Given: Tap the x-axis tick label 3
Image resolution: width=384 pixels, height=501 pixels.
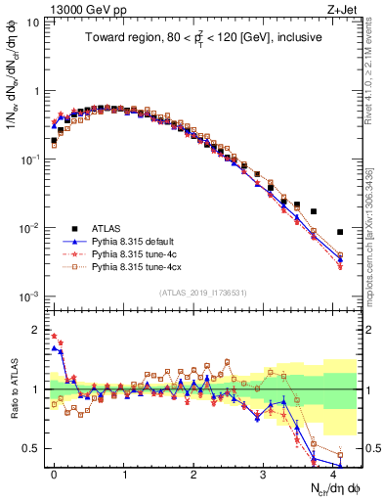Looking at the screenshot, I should (264, 472).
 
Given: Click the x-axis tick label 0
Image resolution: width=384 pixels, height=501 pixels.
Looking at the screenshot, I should (55, 472).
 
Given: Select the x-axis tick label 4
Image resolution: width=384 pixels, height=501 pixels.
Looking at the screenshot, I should (333, 472).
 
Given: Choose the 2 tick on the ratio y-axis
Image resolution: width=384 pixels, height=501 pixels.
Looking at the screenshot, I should (34, 329).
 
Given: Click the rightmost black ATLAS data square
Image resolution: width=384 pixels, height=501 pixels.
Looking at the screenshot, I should (340, 232).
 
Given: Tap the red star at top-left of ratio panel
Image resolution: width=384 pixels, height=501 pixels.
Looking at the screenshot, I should (54, 336).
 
